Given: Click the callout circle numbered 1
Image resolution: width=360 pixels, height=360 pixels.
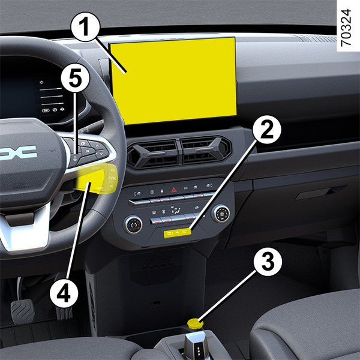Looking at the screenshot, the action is point(85,27).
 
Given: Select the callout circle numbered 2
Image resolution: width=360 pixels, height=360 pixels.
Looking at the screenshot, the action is point(267,130).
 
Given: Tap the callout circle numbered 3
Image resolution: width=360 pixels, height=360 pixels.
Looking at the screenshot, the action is point(268,262).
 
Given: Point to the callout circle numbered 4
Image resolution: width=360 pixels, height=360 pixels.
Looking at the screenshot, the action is point(64,293).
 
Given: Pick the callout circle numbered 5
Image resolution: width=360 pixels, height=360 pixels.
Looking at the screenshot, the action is point(75,78).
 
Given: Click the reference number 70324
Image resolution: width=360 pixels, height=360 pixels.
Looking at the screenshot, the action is point(346,28).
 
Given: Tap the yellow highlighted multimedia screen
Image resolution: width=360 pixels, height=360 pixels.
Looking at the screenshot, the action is point(173,80).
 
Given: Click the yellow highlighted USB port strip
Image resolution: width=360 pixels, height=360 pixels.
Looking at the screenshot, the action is point(177,233).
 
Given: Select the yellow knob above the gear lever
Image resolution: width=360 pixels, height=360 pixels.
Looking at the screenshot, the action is point(195,324).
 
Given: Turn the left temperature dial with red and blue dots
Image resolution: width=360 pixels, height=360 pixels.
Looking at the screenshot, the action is point(133,224).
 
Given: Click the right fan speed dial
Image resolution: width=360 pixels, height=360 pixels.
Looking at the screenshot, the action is point(221,214).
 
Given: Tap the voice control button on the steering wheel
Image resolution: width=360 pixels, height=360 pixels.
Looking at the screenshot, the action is point(75,158).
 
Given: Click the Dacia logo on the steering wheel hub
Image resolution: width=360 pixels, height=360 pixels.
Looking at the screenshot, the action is point(19,152).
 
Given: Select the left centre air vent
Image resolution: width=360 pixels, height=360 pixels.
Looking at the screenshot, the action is point(154,153).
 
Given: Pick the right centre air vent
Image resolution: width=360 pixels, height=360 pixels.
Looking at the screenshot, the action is point(205,150).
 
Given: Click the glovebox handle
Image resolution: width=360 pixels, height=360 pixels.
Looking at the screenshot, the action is point(320,192).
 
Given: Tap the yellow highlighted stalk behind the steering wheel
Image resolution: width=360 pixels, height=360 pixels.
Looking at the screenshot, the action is point(98,179).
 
